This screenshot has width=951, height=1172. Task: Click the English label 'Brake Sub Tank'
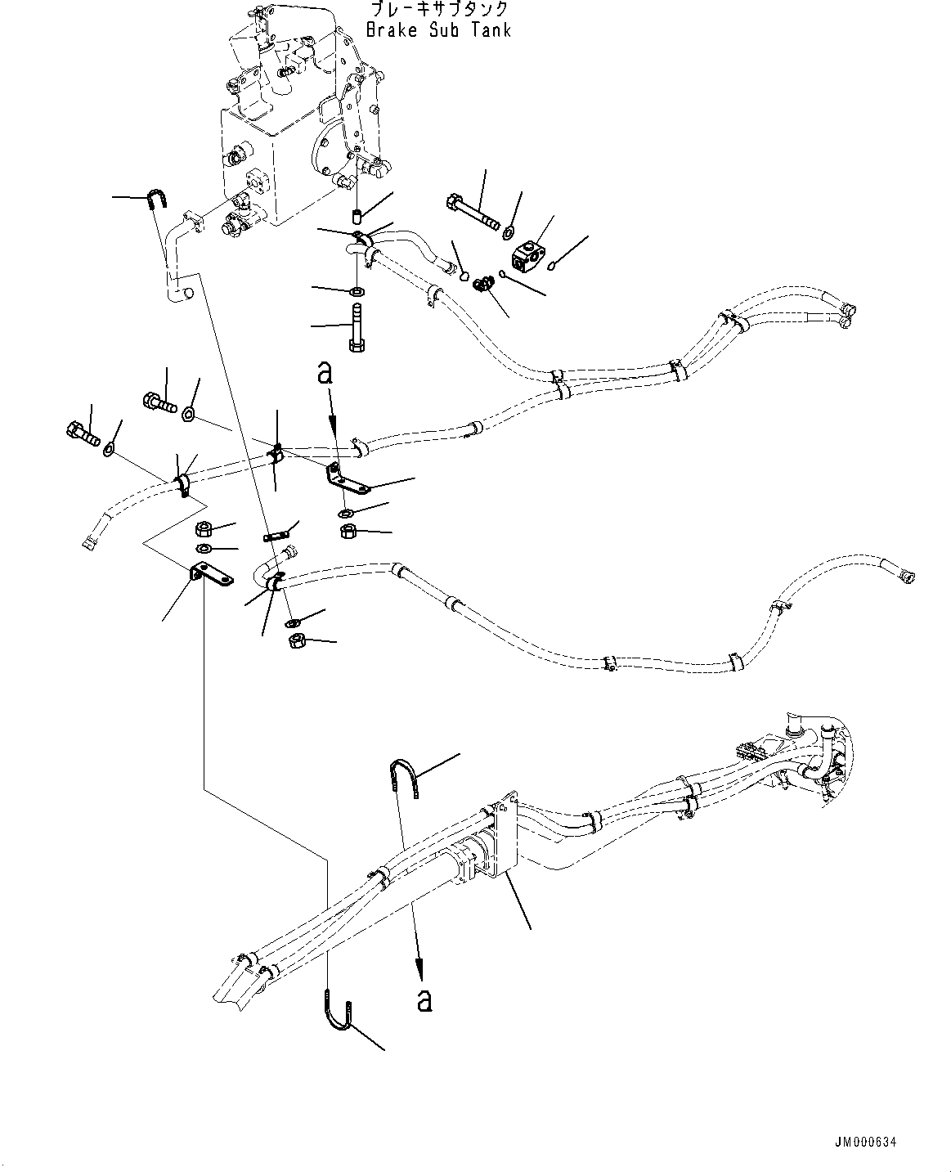[x=438, y=30]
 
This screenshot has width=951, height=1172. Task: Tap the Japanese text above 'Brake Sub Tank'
[x=438, y=10]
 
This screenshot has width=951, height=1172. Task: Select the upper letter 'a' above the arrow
[x=325, y=373]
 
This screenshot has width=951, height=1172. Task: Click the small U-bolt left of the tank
[x=156, y=199]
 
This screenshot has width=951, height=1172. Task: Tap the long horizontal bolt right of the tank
[x=472, y=212]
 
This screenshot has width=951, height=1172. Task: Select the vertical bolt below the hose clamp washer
[x=357, y=328]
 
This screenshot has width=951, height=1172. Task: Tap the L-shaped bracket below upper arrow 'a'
[x=347, y=478]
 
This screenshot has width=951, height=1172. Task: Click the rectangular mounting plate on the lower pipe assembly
[x=500, y=837]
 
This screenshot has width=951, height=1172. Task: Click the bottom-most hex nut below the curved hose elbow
[x=298, y=640]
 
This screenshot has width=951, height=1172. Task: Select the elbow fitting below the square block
[x=482, y=284]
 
